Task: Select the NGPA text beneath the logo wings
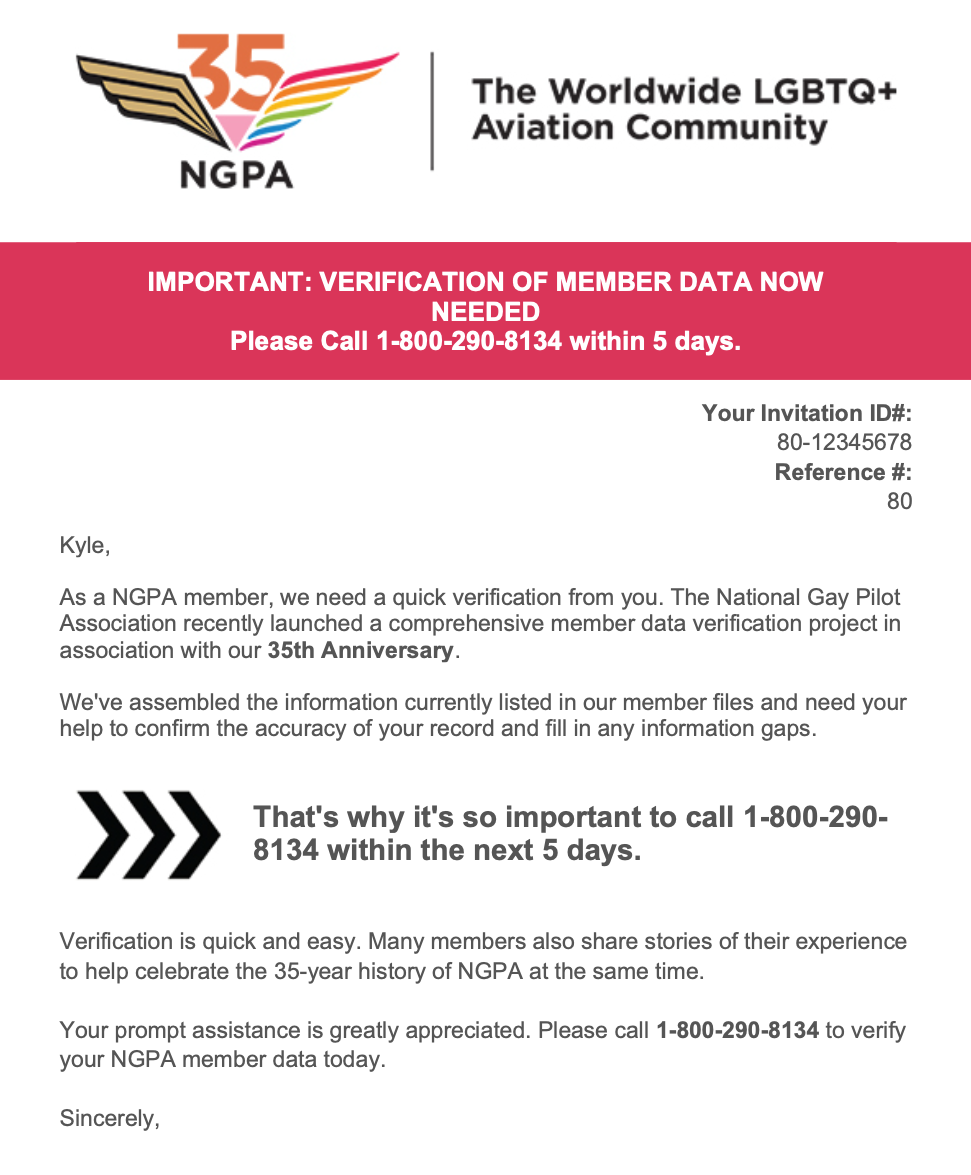(236, 174)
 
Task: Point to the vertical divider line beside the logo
(432, 110)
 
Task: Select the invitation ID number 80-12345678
(844, 442)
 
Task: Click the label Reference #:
(843, 472)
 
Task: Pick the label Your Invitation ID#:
(807, 413)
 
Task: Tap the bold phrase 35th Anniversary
(360, 651)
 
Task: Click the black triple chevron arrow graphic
(148, 834)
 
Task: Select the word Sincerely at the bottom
(109, 1117)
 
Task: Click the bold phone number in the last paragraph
(737, 1030)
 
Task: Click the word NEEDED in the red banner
(485, 311)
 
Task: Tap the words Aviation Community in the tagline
(649, 128)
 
